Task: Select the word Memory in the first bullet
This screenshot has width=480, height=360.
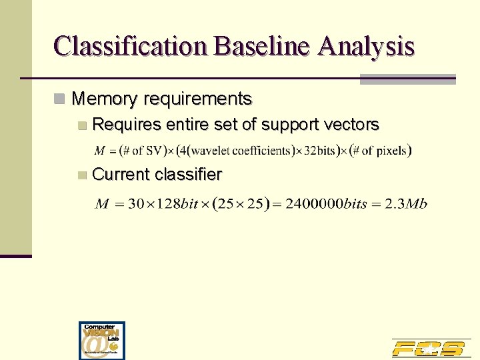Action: click(104, 99)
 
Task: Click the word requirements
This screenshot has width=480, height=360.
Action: click(197, 99)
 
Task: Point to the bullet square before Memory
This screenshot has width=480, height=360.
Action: click(60, 99)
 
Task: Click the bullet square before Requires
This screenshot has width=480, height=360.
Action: click(81, 125)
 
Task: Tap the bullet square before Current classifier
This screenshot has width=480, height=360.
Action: click(81, 175)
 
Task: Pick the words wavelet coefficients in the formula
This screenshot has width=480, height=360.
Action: click(242, 151)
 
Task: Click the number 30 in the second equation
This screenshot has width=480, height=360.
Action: click(136, 203)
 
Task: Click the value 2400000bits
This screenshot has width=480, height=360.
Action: click(326, 203)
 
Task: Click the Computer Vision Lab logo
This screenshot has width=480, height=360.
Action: click(102, 341)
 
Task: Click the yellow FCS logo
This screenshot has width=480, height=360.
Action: click(428, 348)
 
